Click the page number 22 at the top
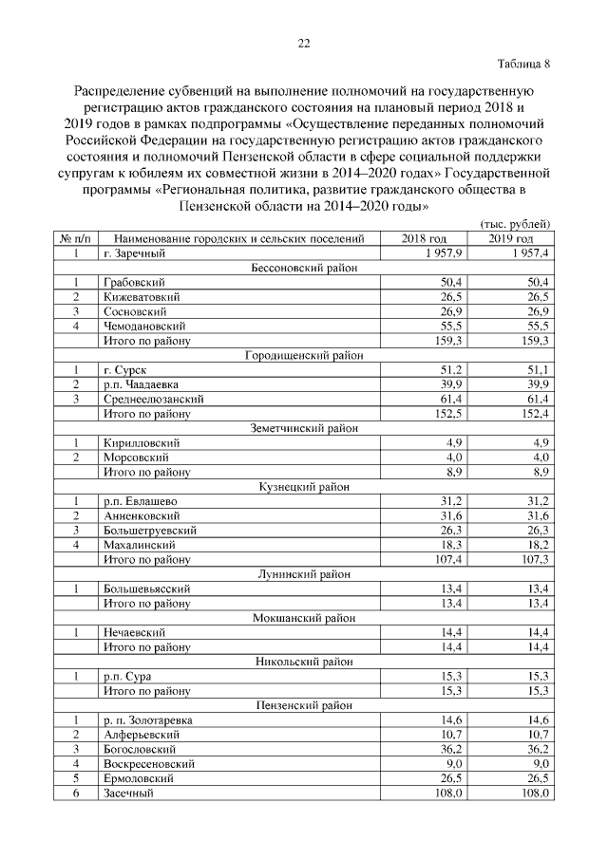pos(304,43)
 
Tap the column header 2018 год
pos(425,239)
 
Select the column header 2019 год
pos(512,239)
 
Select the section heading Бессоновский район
pos(303,269)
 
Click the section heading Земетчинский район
pos(303,428)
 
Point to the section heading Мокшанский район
pos(303,617)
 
